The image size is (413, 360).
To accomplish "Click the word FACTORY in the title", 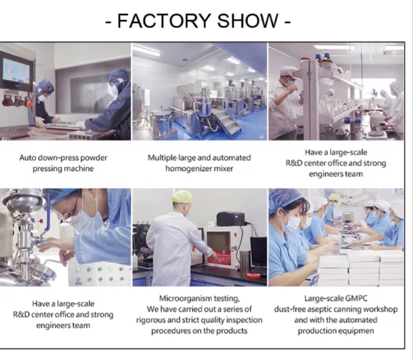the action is pos(164,20).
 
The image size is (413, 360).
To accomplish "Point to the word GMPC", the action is pos(356,298).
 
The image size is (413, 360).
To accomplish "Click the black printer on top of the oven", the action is pos(230,219).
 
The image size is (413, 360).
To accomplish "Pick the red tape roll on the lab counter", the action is pos(254,276).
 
